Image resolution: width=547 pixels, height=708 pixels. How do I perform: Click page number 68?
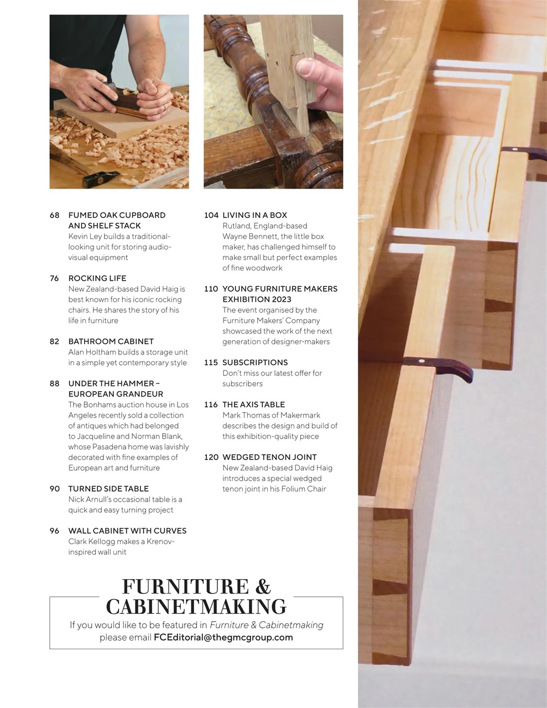54,215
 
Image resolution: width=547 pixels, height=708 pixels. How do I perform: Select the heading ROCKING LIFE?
97,278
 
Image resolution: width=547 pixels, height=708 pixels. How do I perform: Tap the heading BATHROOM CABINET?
111,341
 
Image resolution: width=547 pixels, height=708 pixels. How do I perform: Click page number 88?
54,383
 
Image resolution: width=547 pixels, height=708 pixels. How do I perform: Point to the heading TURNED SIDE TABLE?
108,488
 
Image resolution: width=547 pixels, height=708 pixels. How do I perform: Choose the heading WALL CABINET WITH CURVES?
127,530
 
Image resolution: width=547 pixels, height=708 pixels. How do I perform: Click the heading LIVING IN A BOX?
254,215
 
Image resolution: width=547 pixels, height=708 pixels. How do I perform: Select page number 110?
211,289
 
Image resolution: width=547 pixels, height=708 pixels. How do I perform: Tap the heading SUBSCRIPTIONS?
255,362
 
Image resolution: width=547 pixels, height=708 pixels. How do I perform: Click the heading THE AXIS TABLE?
253,404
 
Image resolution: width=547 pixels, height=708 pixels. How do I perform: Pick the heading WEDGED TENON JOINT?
269,457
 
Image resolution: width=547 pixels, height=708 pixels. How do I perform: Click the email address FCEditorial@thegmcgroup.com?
223,637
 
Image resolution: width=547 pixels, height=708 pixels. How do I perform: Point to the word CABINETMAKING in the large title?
196,607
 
